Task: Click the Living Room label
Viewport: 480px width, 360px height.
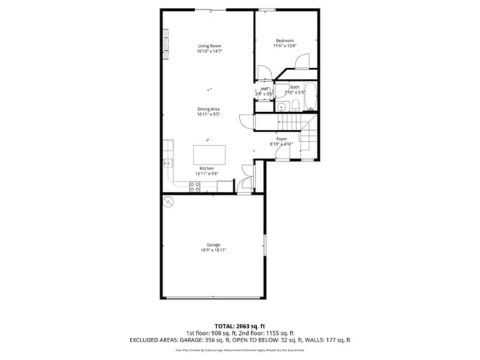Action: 210,46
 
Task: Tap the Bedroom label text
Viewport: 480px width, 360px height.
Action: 285,40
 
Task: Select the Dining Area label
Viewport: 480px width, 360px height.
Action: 209,109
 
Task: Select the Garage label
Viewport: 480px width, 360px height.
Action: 213,245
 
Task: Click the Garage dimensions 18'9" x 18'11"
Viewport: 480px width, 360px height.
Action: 213,251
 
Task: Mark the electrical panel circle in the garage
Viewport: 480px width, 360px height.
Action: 168,201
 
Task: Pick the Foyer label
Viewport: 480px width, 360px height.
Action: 281,139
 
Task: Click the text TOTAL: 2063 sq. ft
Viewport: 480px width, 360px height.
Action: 240,325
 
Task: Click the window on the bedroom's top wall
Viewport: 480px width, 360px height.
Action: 267,10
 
